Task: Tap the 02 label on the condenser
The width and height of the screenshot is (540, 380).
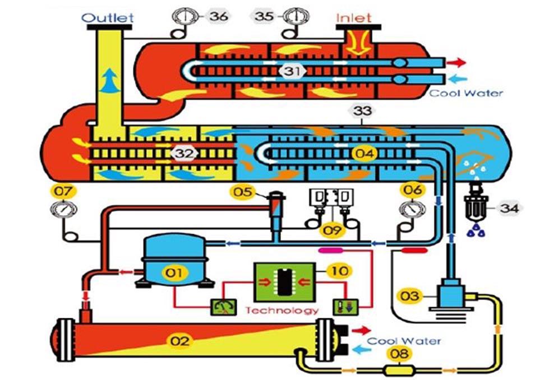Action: (x=181, y=340)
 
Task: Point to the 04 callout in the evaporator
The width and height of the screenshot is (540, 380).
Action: (x=363, y=152)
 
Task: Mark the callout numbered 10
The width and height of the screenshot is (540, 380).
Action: (x=341, y=271)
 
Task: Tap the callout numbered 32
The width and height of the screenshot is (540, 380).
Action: (x=183, y=153)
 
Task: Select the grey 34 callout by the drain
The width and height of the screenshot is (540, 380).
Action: (x=510, y=209)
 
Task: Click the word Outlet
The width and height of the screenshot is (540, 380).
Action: (x=108, y=17)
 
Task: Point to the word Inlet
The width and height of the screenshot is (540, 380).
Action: (x=354, y=17)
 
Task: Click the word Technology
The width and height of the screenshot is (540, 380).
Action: (x=282, y=310)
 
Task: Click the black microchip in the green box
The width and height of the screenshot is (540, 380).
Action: (x=282, y=280)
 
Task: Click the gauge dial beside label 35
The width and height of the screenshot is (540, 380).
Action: (x=293, y=15)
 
